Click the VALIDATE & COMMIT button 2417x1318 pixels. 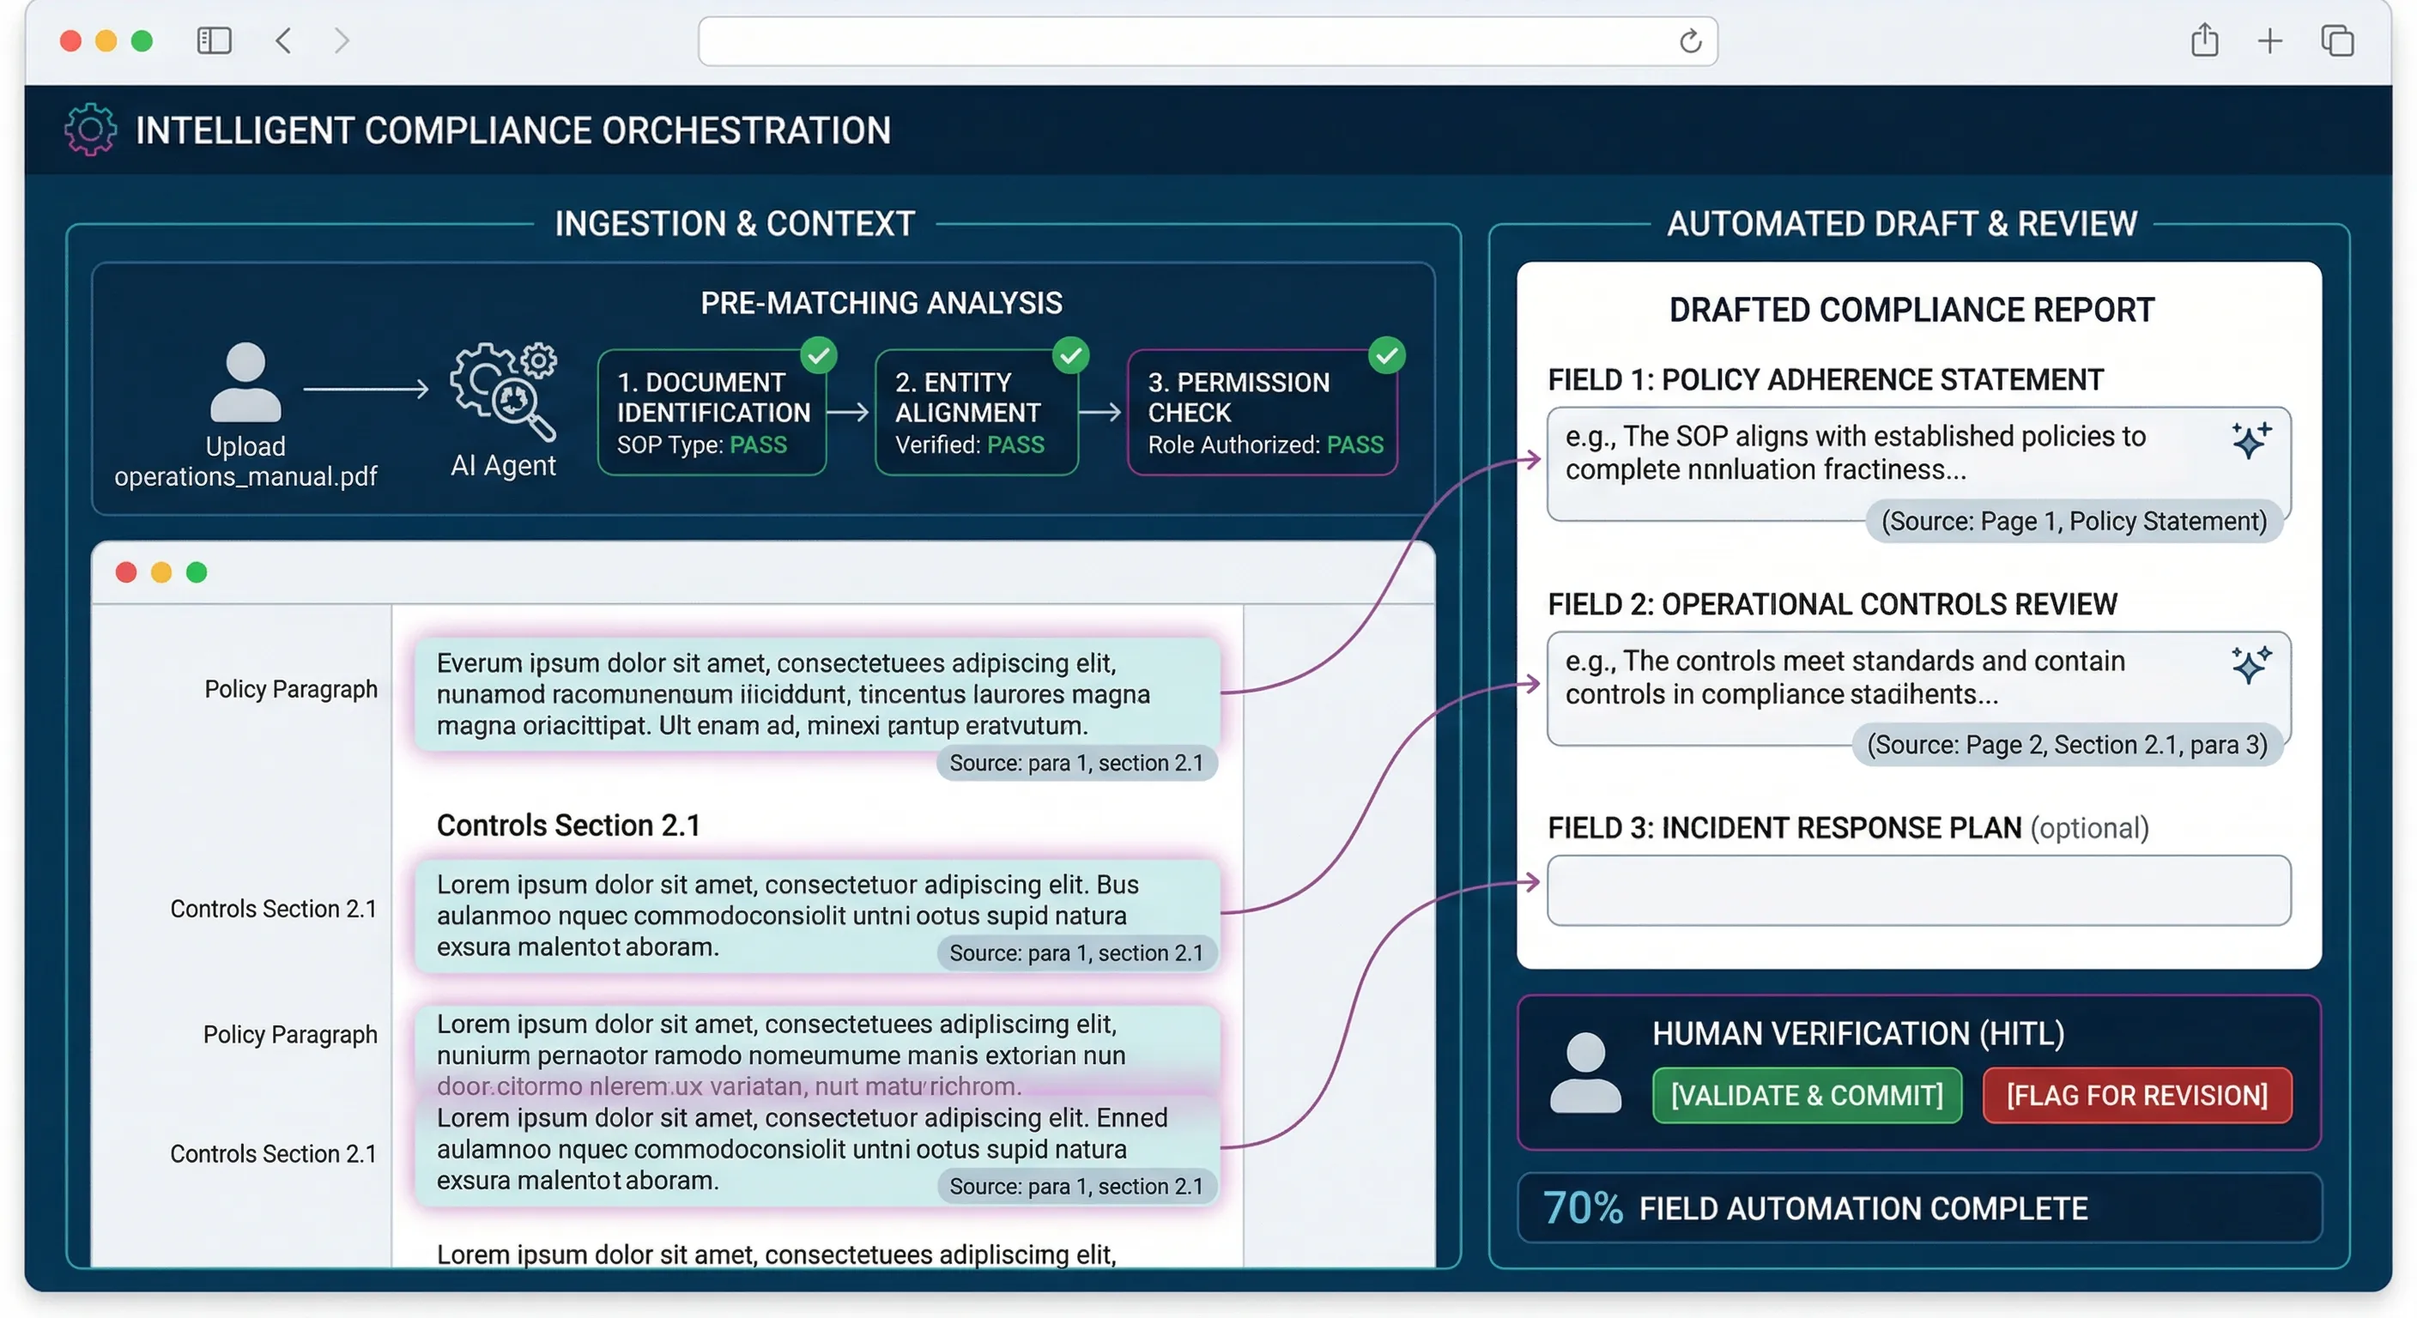(x=1806, y=1095)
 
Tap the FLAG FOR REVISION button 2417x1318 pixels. (x=2136, y=1095)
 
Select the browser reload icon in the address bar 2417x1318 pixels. (x=1690, y=41)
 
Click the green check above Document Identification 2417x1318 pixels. (x=819, y=355)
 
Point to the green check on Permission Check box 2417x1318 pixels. (x=1386, y=355)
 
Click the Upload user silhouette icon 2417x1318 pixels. (x=245, y=382)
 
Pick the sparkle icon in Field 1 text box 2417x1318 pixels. (x=2250, y=439)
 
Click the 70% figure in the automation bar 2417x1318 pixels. (x=1582, y=1208)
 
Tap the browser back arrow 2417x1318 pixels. (x=283, y=41)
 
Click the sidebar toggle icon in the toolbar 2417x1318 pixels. (x=214, y=41)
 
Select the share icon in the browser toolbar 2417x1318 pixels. (x=2204, y=41)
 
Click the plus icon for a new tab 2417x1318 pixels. (x=2269, y=41)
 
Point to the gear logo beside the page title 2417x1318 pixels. (x=90, y=130)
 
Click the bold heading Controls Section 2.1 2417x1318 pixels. (x=568, y=825)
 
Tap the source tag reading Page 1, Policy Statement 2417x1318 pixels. (x=2074, y=521)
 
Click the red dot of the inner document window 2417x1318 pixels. (x=125, y=572)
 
